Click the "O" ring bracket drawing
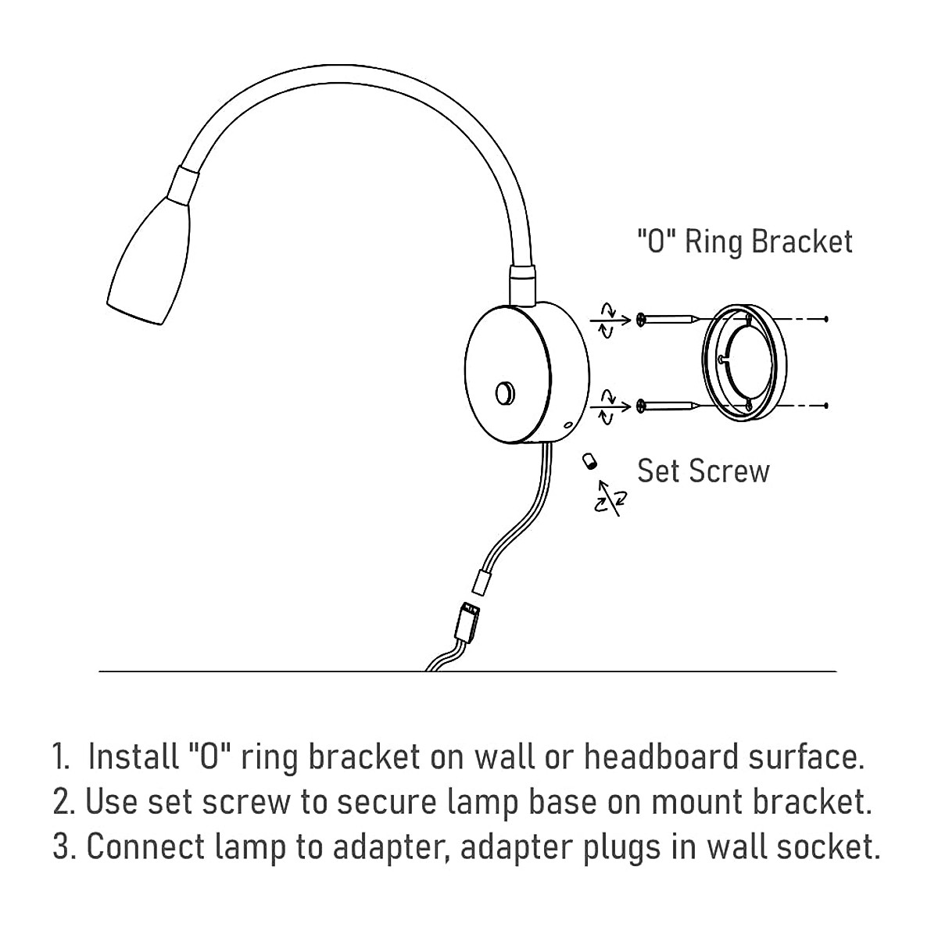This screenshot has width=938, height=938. pyautogui.click(x=739, y=360)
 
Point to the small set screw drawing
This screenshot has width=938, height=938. pyautogui.click(x=588, y=460)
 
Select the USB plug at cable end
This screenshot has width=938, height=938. pyautogui.click(x=467, y=625)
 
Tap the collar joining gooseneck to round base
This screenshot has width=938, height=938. pyautogui.click(x=522, y=283)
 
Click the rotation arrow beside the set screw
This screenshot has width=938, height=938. pyautogui.click(x=610, y=498)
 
